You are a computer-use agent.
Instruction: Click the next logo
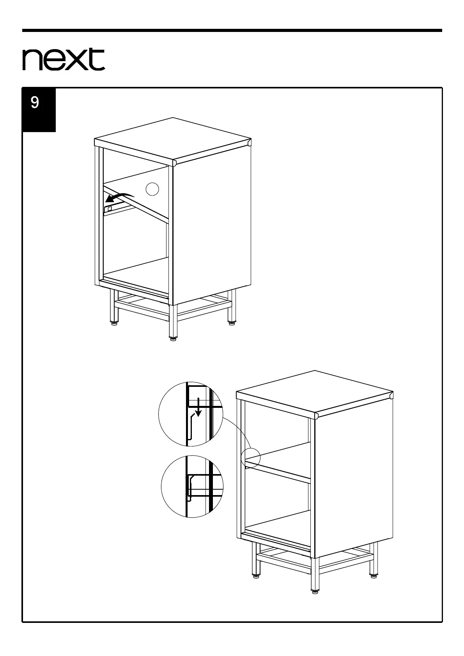(x=64, y=60)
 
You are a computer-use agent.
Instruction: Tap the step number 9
(x=35, y=103)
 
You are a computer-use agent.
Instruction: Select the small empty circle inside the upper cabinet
(x=152, y=189)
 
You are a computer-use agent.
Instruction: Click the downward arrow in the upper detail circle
(x=198, y=407)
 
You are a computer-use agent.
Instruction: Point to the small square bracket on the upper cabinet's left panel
(x=110, y=209)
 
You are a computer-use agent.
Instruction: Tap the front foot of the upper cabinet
(x=172, y=337)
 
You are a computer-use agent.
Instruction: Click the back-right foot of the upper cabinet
(x=231, y=322)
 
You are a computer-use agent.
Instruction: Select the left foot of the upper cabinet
(x=113, y=322)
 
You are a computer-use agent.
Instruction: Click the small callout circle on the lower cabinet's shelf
(x=250, y=457)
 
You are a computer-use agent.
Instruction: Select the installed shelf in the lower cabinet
(x=278, y=461)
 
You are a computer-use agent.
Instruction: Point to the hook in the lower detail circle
(x=190, y=487)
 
